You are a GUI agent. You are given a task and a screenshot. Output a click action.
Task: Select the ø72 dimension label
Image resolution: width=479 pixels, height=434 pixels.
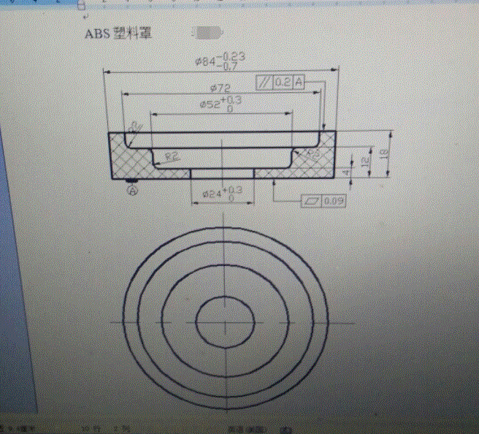(221, 88)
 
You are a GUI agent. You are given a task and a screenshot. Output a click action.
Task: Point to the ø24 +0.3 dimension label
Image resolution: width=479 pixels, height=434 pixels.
(221, 194)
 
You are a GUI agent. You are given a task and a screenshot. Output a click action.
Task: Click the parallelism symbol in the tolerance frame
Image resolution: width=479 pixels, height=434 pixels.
(264, 83)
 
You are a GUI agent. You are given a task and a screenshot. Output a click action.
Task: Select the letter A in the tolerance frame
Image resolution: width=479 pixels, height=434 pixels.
(299, 83)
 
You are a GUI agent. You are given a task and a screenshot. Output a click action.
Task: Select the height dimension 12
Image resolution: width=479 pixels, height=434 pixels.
(363, 160)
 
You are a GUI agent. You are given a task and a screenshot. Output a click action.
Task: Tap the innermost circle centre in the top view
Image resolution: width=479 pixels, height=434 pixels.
(226, 321)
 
